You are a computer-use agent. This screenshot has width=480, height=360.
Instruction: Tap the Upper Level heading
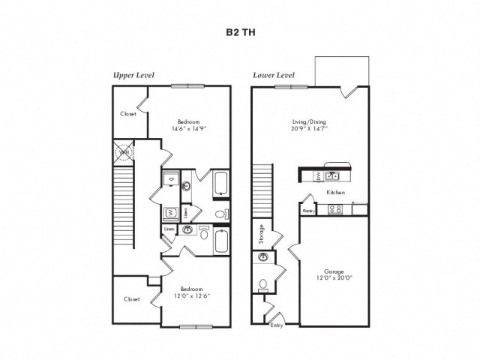click(132, 75)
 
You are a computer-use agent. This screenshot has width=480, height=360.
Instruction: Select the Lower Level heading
click(273, 75)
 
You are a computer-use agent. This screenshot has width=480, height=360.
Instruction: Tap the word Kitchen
click(335, 193)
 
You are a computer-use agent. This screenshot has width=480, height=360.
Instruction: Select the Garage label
click(334, 272)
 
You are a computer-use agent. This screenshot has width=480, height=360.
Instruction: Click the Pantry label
click(307, 211)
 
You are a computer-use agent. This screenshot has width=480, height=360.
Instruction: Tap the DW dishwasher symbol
click(317, 176)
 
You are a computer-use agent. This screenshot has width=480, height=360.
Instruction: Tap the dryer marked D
click(171, 180)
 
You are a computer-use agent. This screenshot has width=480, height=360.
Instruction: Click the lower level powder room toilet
click(262, 284)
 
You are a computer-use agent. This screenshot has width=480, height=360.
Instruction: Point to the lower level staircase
click(260, 191)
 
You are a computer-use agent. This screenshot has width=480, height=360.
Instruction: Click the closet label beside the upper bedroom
click(127, 115)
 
